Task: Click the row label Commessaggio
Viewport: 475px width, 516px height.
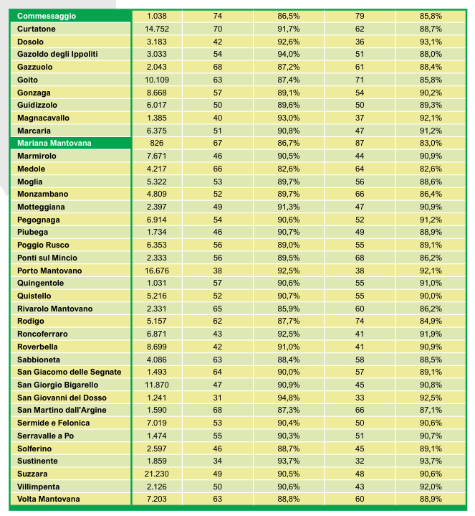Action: tap(47, 16)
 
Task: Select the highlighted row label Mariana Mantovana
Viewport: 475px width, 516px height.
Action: tap(54, 143)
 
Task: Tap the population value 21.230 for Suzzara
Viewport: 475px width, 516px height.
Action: tap(156, 474)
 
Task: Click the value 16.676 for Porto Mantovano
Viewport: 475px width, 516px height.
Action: tap(156, 271)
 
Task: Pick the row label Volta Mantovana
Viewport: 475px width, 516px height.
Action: tap(49, 499)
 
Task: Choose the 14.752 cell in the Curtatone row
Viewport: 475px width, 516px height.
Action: tap(156, 29)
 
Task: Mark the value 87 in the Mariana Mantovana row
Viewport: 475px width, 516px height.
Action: tap(360, 143)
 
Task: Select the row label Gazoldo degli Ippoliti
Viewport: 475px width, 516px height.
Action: tap(57, 54)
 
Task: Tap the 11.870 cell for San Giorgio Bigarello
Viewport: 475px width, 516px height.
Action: tap(156, 385)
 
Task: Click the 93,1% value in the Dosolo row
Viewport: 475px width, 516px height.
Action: tap(431, 42)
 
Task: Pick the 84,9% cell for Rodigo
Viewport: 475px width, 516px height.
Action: tap(431, 321)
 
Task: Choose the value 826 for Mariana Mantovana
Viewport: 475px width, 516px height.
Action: tap(156, 143)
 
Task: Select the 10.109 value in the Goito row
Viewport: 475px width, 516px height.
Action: tap(156, 80)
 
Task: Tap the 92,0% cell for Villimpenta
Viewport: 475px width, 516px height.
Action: tap(431, 486)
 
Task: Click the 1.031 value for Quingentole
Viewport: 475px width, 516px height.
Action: tap(156, 283)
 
